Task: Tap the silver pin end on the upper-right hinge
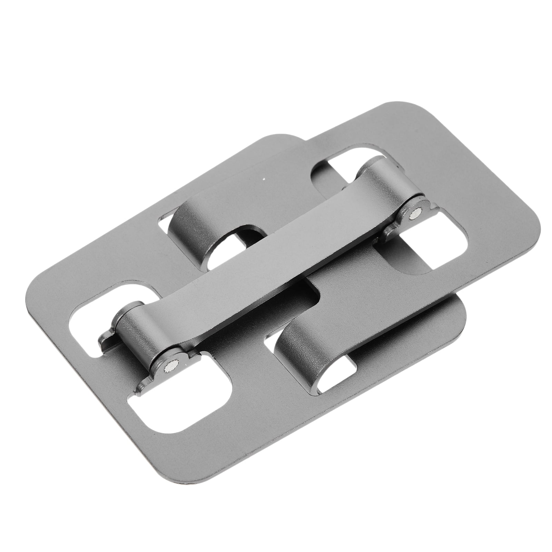[413, 216]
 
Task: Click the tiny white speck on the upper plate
[264, 179]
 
